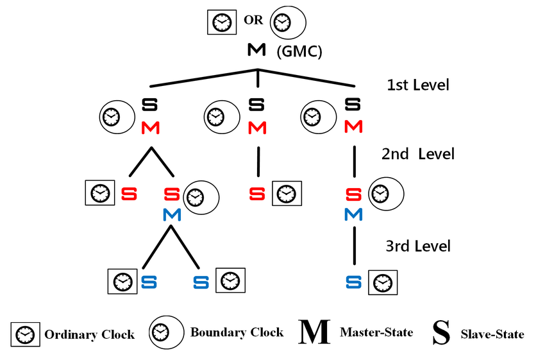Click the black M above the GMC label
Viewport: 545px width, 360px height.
[x=256, y=50]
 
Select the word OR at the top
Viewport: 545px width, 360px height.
[x=253, y=20]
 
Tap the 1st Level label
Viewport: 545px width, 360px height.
[x=418, y=85]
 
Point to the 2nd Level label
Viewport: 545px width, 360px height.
[x=417, y=154]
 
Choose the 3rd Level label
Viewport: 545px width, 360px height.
[x=417, y=246]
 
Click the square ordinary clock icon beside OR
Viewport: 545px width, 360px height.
[x=220, y=22]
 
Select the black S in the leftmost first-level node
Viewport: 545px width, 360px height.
[x=150, y=103]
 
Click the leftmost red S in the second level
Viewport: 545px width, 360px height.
[x=129, y=193]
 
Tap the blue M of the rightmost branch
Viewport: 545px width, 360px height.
[x=353, y=214]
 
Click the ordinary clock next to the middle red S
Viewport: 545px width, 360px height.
[x=285, y=193]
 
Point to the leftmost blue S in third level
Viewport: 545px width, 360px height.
[x=149, y=281]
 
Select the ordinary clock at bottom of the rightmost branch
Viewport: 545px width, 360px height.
[x=383, y=282]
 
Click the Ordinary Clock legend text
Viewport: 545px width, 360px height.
[x=89, y=334]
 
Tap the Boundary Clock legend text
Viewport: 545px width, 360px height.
[x=237, y=332]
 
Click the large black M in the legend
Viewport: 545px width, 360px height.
[x=314, y=332]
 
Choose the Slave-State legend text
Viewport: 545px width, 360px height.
[x=492, y=334]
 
